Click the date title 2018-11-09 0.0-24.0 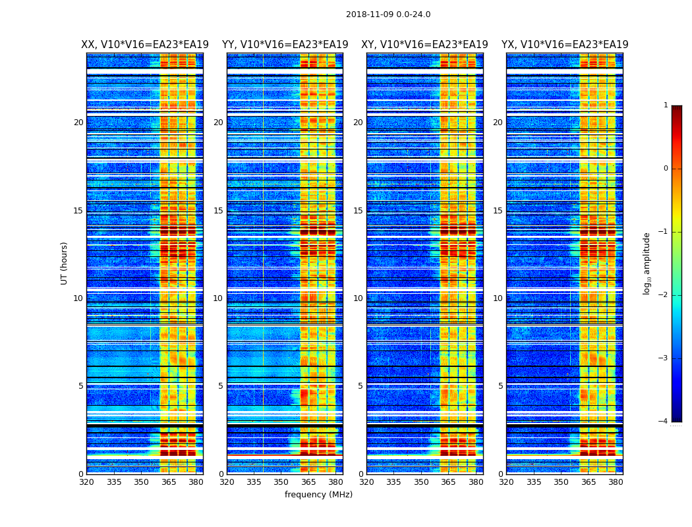coord(388,14)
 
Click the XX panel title coord(145,45)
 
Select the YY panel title coord(285,45)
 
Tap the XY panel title coord(424,45)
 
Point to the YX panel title coord(565,45)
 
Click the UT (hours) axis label coord(65,263)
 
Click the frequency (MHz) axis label coord(318,495)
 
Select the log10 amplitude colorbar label coord(647,263)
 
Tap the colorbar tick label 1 coord(666,105)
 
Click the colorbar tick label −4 coord(664,422)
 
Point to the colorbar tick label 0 coord(666,169)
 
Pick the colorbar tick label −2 coord(664,295)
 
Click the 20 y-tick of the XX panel coord(78,123)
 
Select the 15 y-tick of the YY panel coord(218,211)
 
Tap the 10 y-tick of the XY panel coord(358,298)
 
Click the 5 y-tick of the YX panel coord(500,386)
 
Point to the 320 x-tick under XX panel coord(86,482)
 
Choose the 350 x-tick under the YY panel coord(281,482)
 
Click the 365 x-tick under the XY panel coord(448,482)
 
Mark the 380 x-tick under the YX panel coord(616,482)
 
